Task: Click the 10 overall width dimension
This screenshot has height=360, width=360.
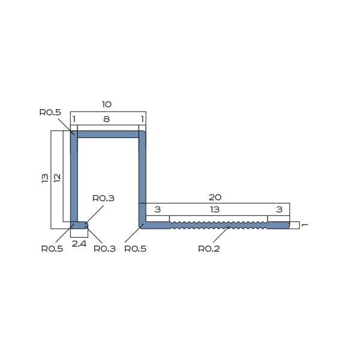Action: pyautogui.click(x=107, y=104)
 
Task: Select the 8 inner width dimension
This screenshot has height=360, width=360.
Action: pyautogui.click(x=107, y=119)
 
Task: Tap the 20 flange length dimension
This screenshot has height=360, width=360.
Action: pyautogui.click(x=215, y=197)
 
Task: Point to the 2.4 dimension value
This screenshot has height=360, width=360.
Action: pyautogui.click(x=79, y=244)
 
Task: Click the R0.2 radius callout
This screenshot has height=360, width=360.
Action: pyautogui.click(x=209, y=248)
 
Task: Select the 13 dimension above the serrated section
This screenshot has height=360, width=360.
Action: pyautogui.click(x=215, y=209)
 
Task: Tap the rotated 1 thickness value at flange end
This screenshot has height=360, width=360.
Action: pyautogui.click(x=305, y=225)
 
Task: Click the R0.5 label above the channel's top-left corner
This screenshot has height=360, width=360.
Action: pyautogui.click(x=50, y=112)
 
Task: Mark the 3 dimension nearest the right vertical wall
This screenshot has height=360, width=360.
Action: pyautogui.click(x=157, y=209)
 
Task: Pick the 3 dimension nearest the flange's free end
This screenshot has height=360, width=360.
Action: pyautogui.click(x=278, y=209)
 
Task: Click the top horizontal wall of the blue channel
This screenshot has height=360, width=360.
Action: pyautogui.click(x=108, y=135)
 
